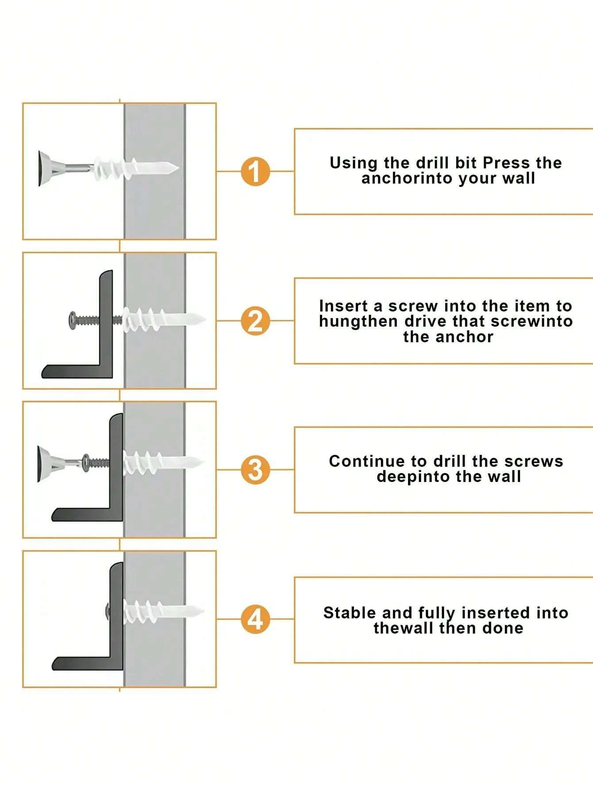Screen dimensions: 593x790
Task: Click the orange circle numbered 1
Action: click(x=255, y=171)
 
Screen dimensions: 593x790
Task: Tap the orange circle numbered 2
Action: click(x=255, y=321)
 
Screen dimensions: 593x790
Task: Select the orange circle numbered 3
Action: click(x=255, y=470)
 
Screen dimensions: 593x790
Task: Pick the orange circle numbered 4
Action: click(x=255, y=619)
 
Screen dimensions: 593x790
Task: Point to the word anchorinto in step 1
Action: click(x=408, y=178)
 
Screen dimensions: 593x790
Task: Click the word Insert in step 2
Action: click(x=343, y=306)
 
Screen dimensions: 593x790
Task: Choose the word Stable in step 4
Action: click(x=350, y=613)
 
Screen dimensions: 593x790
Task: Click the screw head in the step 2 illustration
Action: click(x=73, y=319)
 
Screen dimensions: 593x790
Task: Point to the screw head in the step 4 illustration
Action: click(x=108, y=612)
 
